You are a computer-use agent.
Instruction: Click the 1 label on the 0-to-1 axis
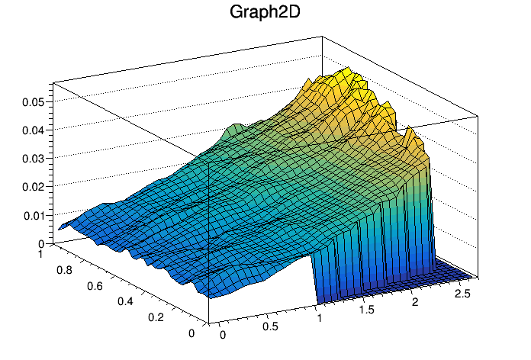(40, 253)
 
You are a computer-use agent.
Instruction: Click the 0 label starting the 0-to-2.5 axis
(223, 335)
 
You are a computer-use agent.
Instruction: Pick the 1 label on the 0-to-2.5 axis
(320, 317)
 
